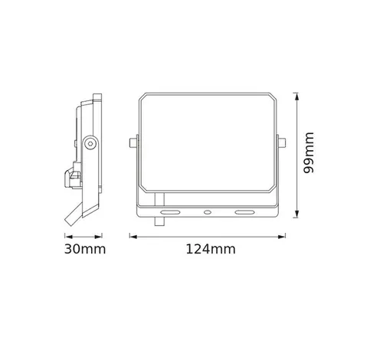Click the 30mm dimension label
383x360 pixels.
pos(85,250)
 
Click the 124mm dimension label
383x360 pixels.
pos(210,250)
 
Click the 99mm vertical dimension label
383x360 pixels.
pos(309,153)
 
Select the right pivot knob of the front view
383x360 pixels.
pos(283,142)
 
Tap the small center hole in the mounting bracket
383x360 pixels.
pos(208,208)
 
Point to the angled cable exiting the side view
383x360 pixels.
pos(74,212)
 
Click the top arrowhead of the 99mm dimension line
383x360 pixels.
pos(296,94)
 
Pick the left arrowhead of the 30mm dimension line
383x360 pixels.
pos(64,236)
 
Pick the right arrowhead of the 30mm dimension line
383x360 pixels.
pos(102,236)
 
